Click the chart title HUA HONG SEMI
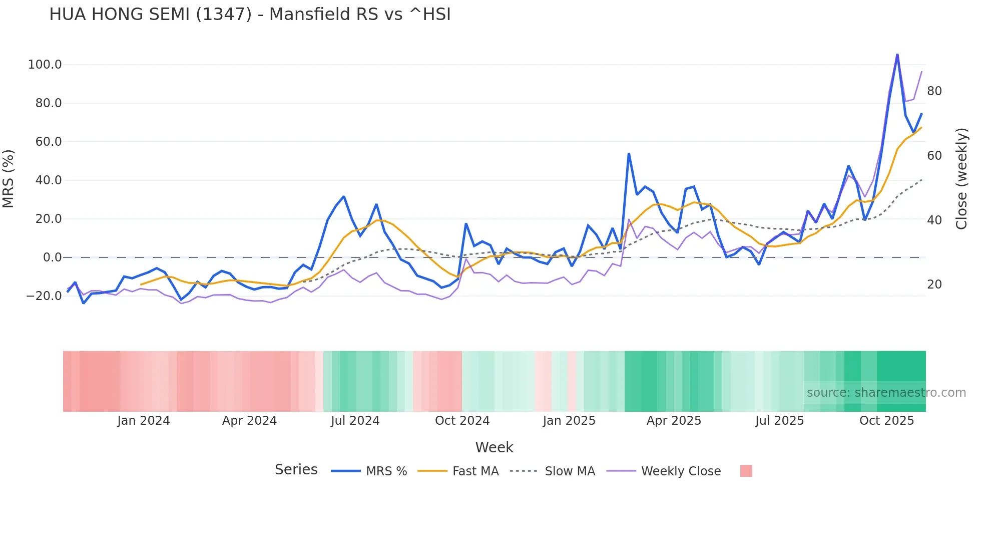coord(250,15)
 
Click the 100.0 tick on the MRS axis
coord(45,65)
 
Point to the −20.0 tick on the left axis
coord(44,296)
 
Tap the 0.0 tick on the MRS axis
coord(52,257)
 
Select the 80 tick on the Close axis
coord(934,91)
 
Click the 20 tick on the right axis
coord(934,285)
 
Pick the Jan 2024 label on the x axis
coord(144,421)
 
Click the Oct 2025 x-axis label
coord(886,421)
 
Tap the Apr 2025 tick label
coord(674,421)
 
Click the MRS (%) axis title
coord(9,179)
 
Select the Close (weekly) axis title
coord(961,179)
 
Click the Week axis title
coord(494,447)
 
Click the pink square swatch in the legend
coord(746,471)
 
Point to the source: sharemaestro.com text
coord(886,393)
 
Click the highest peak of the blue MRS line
coord(897,54)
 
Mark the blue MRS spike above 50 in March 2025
coord(629,153)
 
